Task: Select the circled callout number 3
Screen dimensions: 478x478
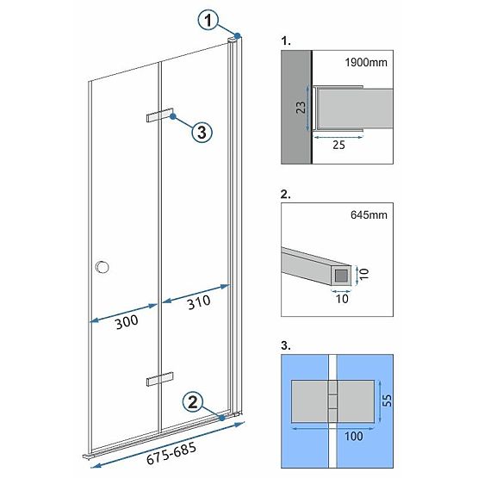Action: tap(200, 132)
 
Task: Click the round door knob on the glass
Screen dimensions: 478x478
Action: tap(104, 267)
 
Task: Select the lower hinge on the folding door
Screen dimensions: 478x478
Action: tap(159, 378)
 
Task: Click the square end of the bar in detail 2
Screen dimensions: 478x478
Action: tap(342, 276)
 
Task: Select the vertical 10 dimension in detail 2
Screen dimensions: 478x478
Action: tap(363, 274)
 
